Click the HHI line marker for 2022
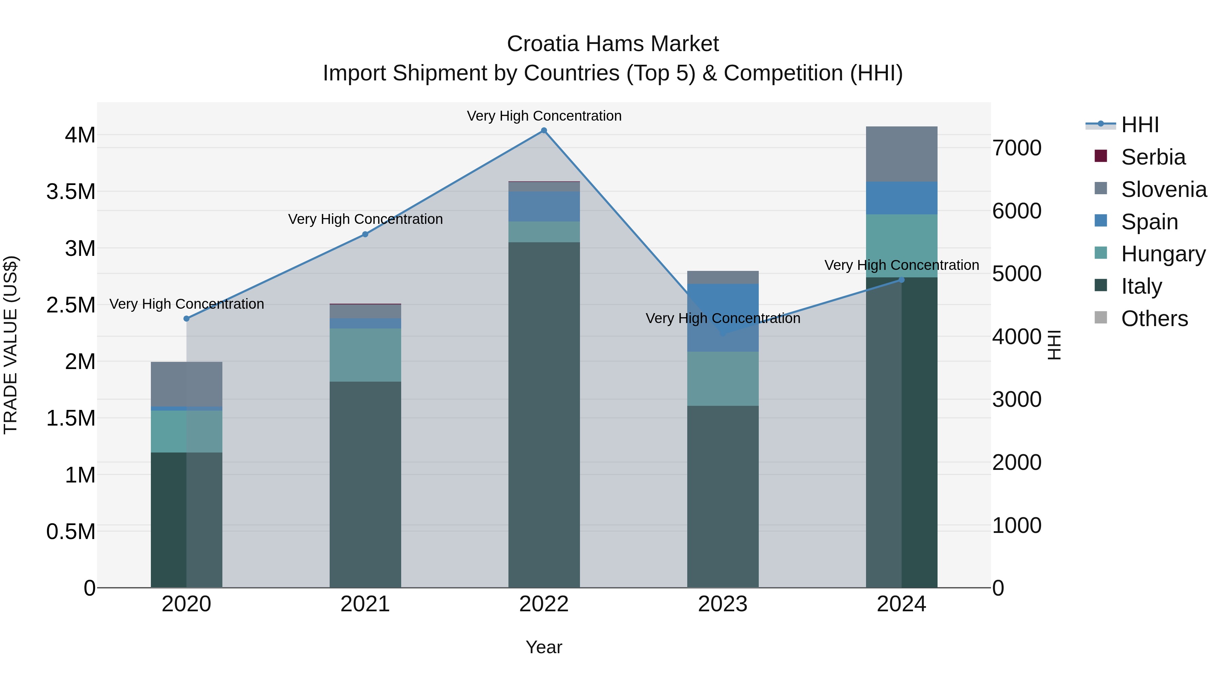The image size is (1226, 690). (x=544, y=131)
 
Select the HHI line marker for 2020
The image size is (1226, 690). (x=187, y=319)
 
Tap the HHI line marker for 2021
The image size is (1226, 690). (x=365, y=234)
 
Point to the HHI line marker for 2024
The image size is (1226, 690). (x=901, y=280)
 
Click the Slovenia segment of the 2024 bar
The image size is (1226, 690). (x=901, y=154)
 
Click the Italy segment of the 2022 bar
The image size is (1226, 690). (x=544, y=414)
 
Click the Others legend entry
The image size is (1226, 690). (x=1154, y=319)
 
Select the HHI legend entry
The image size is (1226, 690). (x=1139, y=125)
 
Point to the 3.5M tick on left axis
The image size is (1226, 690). (x=71, y=192)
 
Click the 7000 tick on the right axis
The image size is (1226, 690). (x=1017, y=148)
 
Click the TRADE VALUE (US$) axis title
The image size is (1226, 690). (x=11, y=345)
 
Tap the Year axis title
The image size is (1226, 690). (x=544, y=647)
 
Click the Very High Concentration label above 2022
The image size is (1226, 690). (x=544, y=116)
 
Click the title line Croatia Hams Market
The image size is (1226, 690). (x=613, y=44)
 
